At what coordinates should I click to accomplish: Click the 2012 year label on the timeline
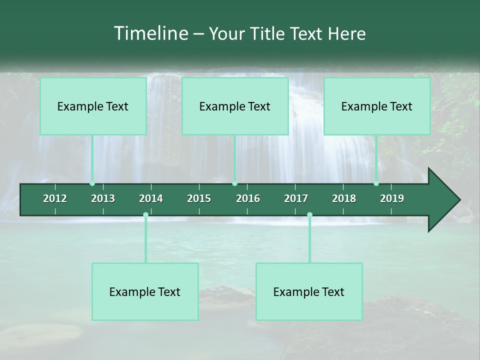click(55, 198)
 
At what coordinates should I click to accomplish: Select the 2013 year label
click(103, 198)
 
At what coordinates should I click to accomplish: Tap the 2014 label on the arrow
click(151, 198)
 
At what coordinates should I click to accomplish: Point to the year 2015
click(199, 198)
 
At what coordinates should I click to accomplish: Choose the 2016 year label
click(248, 198)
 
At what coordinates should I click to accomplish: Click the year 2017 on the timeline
click(296, 198)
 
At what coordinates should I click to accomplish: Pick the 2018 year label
click(344, 198)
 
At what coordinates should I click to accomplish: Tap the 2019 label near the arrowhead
click(392, 198)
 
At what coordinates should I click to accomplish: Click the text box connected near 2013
click(93, 106)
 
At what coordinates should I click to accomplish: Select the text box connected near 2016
click(235, 106)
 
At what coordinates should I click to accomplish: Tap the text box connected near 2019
click(377, 106)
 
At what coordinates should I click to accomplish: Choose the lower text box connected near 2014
click(145, 291)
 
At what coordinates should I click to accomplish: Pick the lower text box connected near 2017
click(309, 291)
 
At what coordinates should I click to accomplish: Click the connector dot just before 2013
click(92, 183)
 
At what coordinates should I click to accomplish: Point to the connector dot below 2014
click(145, 214)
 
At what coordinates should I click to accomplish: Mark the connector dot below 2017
click(309, 214)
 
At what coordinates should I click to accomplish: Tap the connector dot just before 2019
click(376, 183)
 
